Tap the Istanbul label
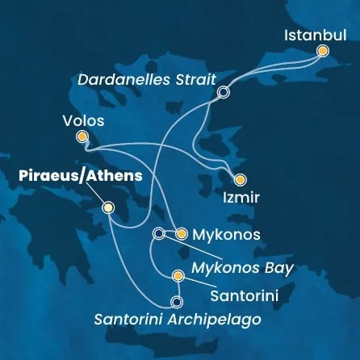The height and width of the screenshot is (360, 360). (317, 36)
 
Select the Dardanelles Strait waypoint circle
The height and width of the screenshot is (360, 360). (223, 93)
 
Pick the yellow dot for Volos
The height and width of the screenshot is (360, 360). (82, 137)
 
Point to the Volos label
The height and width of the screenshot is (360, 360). (82, 121)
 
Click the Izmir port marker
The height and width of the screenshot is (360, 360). (238, 180)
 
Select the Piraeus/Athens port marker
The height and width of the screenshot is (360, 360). (108, 208)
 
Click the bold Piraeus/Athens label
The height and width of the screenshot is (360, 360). (77, 175)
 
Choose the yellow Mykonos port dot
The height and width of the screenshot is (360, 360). (182, 234)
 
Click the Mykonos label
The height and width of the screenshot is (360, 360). (227, 235)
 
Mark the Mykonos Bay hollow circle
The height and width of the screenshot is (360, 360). (158, 234)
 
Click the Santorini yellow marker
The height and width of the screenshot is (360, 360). (178, 277)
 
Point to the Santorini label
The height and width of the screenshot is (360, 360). (244, 296)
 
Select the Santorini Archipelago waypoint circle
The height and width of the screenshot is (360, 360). (177, 303)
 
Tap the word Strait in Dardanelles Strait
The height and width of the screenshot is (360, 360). (194, 80)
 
